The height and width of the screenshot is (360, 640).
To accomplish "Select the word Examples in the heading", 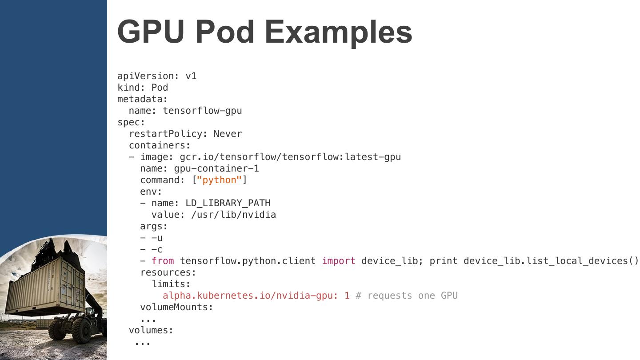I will [x=338, y=32].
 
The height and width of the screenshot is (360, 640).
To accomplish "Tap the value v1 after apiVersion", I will [x=191, y=76].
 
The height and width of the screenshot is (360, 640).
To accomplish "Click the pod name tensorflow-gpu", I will [x=202, y=111].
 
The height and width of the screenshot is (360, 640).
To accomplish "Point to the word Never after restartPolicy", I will [x=228, y=134].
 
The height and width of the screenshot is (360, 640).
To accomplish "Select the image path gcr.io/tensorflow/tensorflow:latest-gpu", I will [x=290, y=157].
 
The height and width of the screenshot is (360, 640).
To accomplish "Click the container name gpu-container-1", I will [x=216, y=168].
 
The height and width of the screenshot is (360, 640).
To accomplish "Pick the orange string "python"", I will [x=219, y=180].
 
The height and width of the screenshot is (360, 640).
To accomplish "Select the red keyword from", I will [x=163, y=261].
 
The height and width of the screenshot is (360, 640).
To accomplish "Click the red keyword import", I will [x=338, y=261].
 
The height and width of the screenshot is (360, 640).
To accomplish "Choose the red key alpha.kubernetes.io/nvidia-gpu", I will [x=250, y=296].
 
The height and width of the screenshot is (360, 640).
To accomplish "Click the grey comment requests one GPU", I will [x=407, y=296].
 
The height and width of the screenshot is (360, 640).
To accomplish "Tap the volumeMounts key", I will [x=176, y=307].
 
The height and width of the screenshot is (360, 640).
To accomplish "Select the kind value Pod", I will [x=160, y=88].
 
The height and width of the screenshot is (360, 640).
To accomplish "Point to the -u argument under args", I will [x=157, y=238].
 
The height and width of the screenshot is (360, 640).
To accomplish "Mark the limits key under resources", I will [x=171, y=284].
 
